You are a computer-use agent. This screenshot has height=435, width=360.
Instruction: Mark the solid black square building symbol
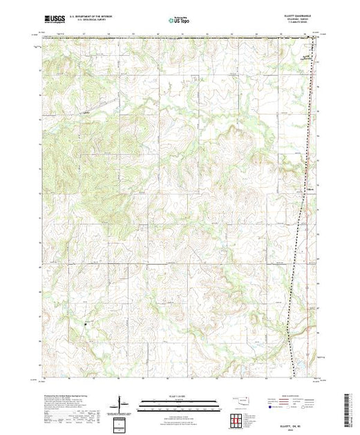pyautogui.click(x=86, y=325)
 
